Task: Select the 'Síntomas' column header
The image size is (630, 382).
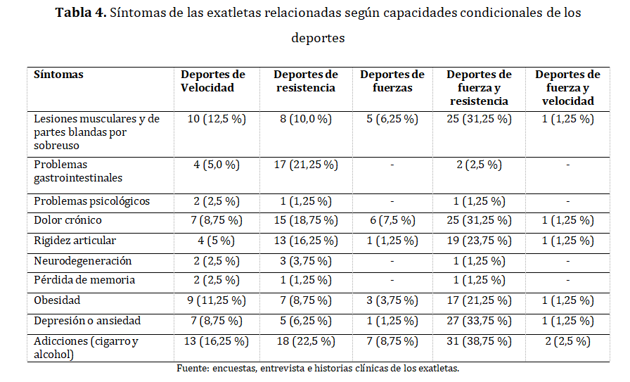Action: point(58,75)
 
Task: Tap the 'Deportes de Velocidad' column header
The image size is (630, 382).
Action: point(213,81)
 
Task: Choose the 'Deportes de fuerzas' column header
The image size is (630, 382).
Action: point(392,81)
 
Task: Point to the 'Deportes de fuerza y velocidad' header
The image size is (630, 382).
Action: point(567,87)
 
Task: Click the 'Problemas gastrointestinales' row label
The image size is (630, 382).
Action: point(78,171)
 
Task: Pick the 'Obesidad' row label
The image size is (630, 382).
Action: point(58,300)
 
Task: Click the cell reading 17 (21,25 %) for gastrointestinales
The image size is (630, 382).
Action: point(306,165)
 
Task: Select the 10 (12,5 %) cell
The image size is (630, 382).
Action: point(217,119)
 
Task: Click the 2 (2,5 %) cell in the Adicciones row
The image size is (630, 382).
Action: point(567,341)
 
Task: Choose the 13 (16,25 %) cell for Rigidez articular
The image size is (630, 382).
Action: point(306,241)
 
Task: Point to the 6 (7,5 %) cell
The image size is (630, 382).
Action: point(392,220)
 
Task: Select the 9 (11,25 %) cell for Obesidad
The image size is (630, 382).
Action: point(217,300)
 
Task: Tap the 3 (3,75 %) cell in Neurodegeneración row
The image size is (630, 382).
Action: point(306,261)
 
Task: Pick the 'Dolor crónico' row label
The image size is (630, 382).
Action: point(68,220)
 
